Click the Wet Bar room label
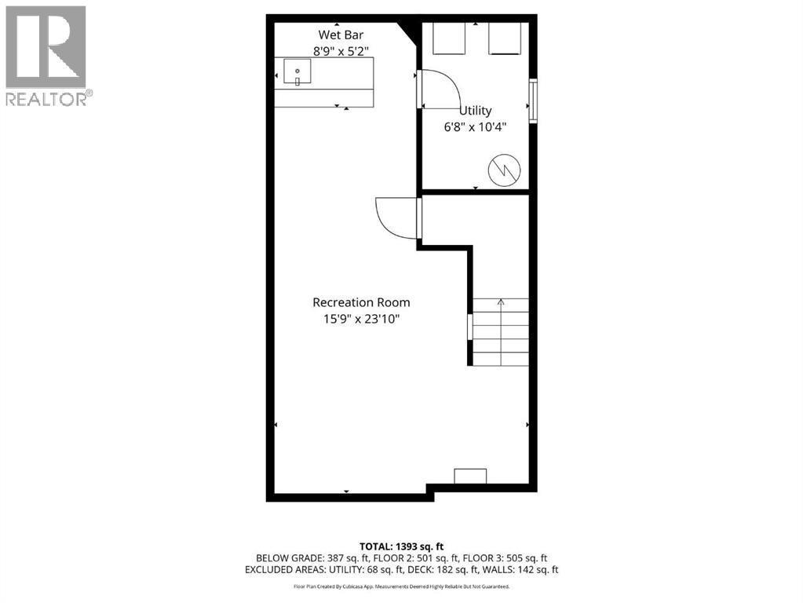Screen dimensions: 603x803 point(341,35)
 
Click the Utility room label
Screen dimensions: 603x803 point(476,111)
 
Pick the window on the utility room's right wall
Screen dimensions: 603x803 point(534,100)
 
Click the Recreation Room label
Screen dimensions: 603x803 point(361,302)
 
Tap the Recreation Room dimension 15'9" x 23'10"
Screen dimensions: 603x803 point(361,319)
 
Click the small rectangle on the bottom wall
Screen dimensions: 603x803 point(470,476)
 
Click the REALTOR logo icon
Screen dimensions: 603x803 point(46,47)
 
